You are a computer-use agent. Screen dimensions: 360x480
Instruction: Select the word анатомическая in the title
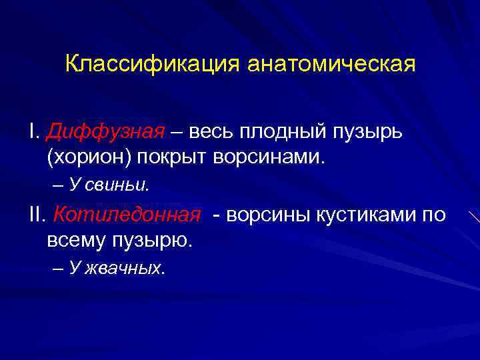pos(331,65)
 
